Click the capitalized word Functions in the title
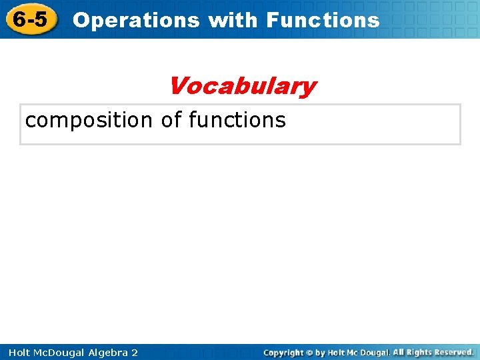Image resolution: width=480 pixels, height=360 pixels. click(x=323, y=20)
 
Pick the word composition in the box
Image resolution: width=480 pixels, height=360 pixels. click(x=89, y=121)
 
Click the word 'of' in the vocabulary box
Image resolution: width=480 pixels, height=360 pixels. click(x=171, y=120)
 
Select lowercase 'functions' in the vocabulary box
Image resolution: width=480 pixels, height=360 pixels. click(x=237, y=120)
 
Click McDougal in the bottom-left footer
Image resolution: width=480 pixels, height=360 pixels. click(x=58, y=352)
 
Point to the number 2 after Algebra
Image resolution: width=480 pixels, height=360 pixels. click(x=135, y=352)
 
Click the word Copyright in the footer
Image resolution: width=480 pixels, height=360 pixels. click(x=283, y=353)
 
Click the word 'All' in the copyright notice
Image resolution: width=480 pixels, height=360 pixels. click(x=399, y=353)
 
